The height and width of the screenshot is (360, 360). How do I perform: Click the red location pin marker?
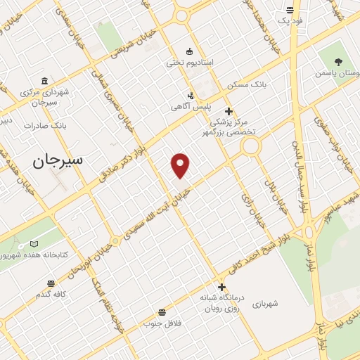pos(181,165)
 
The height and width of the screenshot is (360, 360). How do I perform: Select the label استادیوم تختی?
pos(189,63)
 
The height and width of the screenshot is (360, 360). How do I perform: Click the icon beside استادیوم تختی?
pos(189,51)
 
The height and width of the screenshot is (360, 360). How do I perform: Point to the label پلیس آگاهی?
pos(186,107)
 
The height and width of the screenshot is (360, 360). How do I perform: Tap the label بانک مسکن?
pos(243,85)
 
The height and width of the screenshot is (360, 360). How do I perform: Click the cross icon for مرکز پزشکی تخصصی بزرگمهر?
pos(229,111)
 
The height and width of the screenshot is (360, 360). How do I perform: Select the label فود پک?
pos(289,20)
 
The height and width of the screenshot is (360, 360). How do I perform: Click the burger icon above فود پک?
pos(290,10)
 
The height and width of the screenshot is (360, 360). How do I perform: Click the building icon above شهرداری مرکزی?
pos(45,80)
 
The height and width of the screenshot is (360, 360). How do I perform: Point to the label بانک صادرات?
pos(44,125)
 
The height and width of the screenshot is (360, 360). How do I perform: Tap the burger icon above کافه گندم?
pos(51,283)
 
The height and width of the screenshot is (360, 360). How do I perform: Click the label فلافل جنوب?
pos(162,323)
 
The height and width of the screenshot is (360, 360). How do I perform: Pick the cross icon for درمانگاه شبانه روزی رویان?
pos(221,286)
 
